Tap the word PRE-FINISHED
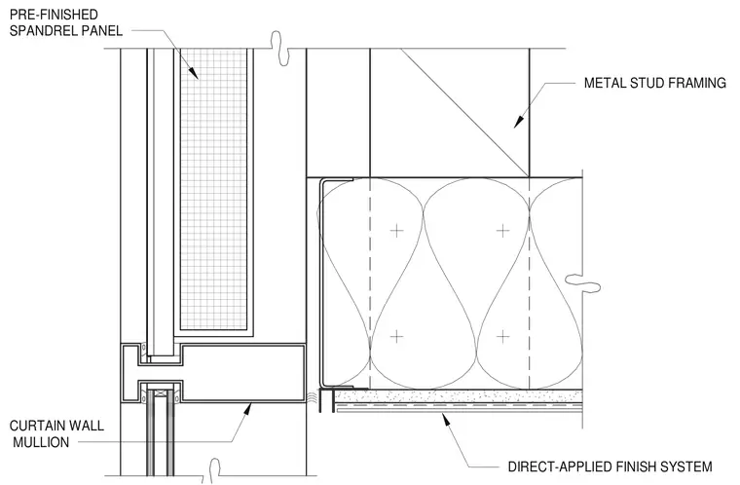pyautogui.click(x=54, y=15)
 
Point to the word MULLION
pyautogui.click(x=41, y=442)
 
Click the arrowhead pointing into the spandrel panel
pyautogui.click(x=193, y=72)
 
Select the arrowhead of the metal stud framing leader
pyautogui.click(x=519, y=121)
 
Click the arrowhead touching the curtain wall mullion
pyautogui.click(x=246, y=409)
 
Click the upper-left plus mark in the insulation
pyautogui.click(x=396, y=231)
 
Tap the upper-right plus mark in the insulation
pyautogui.click(x=503, y=231)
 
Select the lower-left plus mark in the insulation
pyautogui.click(x=396, y=336)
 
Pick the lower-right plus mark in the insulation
pyautogui.click(x=503, y=336)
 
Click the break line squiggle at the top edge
pyautogui.click(x=280, y=49)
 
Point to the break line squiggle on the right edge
pyautogui.click(x=582, y=282)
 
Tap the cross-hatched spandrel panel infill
pyautogui.click(x=214, y=189)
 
